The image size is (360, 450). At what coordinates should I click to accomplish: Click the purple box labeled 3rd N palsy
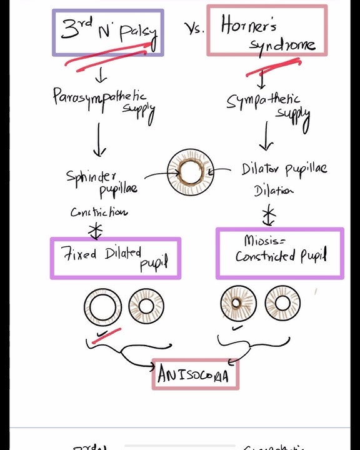click(107, 32)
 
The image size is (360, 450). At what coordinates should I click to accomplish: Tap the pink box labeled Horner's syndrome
click(267, 31)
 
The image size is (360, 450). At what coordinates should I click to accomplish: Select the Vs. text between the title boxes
click(194, 29)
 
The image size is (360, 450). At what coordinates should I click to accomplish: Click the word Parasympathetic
click(99, 98)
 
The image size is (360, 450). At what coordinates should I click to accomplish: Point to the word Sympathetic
click(263, 101)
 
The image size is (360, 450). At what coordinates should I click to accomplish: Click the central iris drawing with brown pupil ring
click(191, 172)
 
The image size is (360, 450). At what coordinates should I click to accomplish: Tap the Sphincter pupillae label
click(101, 182)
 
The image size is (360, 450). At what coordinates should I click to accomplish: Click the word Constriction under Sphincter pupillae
click(99, 212)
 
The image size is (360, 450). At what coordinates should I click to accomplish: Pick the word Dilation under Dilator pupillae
click(274, 191)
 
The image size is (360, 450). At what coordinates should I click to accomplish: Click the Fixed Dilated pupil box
click(116, 258)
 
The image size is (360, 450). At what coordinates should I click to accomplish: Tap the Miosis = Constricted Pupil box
click(280, 252)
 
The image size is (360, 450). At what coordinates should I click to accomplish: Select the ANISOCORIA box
click(195, 374)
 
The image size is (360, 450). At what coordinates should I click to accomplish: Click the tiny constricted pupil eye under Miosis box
click(238, 304)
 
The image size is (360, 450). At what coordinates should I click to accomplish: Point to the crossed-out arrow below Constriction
click(95, 229)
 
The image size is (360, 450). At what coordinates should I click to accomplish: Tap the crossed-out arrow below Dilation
click(268, 216)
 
